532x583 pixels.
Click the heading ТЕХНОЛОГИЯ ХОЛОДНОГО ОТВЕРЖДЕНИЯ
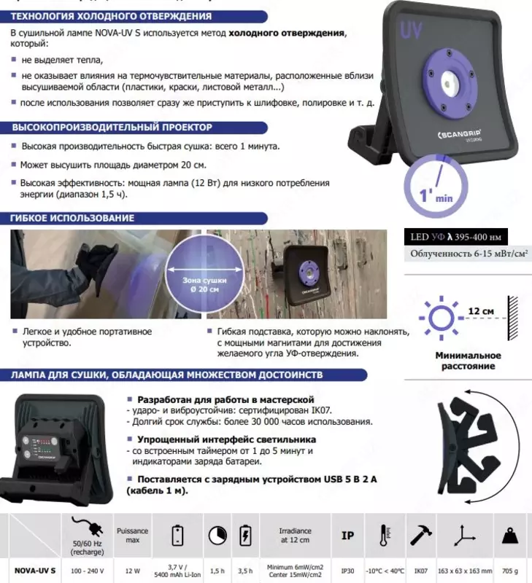tap(111, 15)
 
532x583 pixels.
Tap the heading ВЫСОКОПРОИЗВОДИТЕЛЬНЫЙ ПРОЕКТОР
tap(112, 128)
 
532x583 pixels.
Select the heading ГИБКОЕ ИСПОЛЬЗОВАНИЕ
tap(73, 218)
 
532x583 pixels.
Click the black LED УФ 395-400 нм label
tap(455, 238)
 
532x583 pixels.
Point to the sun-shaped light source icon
tap(440, 318)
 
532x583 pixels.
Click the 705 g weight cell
tap(514, 569)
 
